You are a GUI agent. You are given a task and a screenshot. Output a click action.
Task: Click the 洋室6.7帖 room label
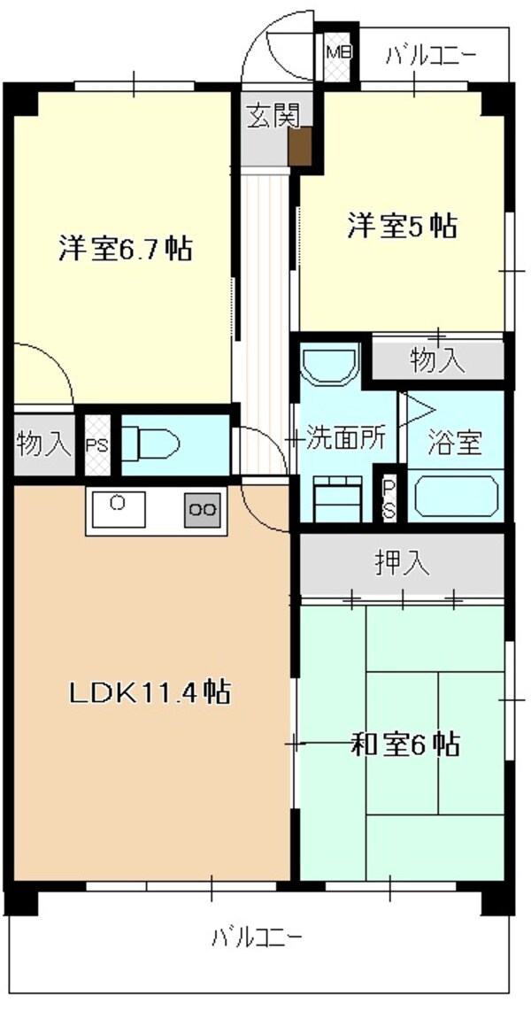[x=125, y=249]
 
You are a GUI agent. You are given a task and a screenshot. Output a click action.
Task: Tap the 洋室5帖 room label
[x=400, y=227]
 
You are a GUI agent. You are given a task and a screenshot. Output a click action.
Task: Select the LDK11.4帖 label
[x=150, y=691]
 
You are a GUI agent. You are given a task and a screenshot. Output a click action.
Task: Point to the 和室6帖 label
[x=405, y=745]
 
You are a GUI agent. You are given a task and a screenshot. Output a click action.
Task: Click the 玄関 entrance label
[x=273, y=117]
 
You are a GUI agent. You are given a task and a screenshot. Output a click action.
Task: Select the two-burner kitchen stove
[x=202, y=509]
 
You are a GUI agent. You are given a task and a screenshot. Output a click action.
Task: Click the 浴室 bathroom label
[x=455, y=442]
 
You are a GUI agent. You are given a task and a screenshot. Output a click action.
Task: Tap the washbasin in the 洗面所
[x=328, y=365]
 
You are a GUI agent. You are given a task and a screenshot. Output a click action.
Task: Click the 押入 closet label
[x=403, y=564]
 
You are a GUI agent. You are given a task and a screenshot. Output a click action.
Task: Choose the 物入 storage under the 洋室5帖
[x=437, y=360]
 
